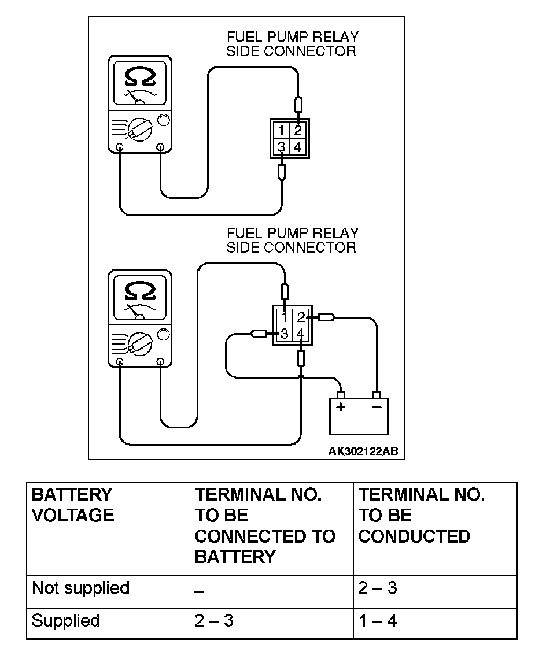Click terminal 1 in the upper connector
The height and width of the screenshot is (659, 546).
click(x=281, y=130)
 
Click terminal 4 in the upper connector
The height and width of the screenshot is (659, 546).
click(x=297, y=147)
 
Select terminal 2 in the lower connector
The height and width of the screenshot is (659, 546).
click(x=300, y=317)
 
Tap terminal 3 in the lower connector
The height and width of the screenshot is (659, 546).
click(x=284, y=334)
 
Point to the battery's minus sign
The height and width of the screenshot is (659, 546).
click(x=377, y=407)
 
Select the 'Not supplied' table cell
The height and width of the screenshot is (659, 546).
click(x=80, y=588)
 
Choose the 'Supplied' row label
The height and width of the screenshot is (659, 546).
click(x=66, y=621)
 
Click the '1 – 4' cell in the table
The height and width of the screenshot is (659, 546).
click(x=378, y=621)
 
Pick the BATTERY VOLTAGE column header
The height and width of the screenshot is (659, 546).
click(x=73, y=505)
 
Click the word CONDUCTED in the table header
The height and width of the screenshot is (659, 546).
click(x=414, y=536)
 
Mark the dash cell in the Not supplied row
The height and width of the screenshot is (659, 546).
click(x=200, y=590)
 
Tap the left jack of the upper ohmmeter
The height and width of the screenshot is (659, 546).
click(x=119, y=146)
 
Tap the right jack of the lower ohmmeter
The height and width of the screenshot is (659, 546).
click(x=160, y=362)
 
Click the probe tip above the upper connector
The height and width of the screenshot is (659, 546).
click(x=298, y=106)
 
